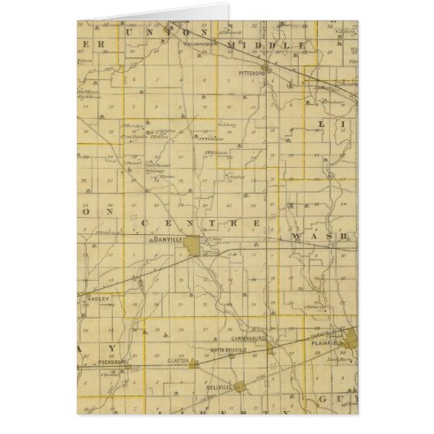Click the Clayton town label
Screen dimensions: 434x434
click(x=176, y=360)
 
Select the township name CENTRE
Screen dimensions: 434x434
click(x=200, y=222)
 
